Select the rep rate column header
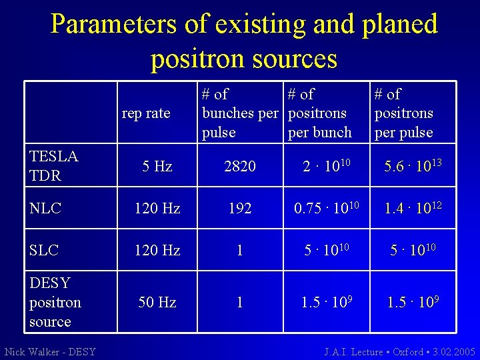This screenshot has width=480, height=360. click(146, 113)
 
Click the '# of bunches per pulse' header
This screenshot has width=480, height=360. click(239, 113)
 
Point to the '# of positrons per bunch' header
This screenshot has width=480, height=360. click(320, 113)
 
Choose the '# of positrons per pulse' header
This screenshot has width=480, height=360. click(404, 113)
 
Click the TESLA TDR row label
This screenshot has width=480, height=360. click(54, 166)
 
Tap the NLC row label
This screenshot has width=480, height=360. click(45, 208)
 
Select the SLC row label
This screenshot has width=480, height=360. click(44, 250)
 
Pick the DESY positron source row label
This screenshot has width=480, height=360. click(55, 302)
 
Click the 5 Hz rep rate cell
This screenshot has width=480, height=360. click(157, 167)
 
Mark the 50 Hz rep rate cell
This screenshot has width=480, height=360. click(157, 302)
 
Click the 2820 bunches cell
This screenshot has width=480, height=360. click(240, 167)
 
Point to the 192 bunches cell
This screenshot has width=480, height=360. click(240, 208)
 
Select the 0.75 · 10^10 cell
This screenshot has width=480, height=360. click(327, 207)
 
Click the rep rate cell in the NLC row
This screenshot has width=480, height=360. click(157, 208)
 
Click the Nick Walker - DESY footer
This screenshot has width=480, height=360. click(51, 351)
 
